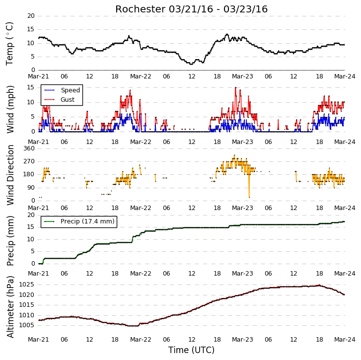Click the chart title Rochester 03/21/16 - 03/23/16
[191, 9]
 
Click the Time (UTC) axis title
[191, 350]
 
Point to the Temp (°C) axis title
[9, 44]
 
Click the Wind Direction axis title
[10, 175]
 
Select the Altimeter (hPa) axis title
[10, 307]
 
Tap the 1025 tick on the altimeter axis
[26, 285]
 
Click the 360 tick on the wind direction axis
[29, 148]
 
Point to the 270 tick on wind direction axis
[29, 161]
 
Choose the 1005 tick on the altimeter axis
[26, 325]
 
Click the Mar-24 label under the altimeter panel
[345, 340]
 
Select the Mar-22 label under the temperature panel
[141, 76]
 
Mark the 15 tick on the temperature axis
[31, 29]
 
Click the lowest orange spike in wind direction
[249, 197]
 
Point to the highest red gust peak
[235, 88]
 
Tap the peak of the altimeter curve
[319, 285]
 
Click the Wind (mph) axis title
[10, 109]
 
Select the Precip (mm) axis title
[10, 241]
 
